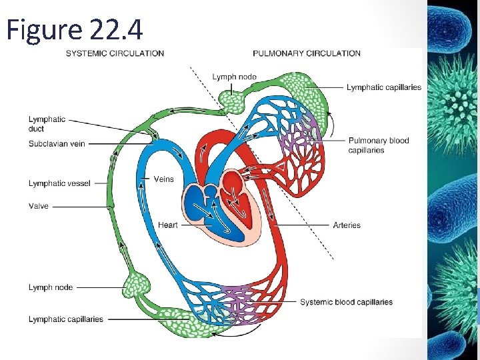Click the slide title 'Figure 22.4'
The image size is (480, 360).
point(74,30)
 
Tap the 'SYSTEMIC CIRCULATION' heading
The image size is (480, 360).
point(115,53)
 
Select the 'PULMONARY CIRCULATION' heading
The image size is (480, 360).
point(307,53)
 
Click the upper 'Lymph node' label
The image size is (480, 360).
point(234,77)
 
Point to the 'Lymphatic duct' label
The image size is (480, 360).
point(47,124)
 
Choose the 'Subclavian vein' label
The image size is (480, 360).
point(57,143)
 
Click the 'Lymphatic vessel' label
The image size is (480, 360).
point(59,183)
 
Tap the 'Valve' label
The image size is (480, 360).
point(39,207)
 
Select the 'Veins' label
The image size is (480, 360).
point(163,179)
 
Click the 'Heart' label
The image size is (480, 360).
point(167,225)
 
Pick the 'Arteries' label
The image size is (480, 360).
point(347,225)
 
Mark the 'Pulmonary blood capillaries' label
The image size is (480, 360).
point(378,145)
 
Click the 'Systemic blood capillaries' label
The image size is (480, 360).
point(346,302)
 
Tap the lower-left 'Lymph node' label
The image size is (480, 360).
point(51,287)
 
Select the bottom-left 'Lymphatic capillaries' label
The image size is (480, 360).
point(66,319)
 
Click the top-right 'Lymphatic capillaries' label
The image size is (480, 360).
point(384,87)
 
